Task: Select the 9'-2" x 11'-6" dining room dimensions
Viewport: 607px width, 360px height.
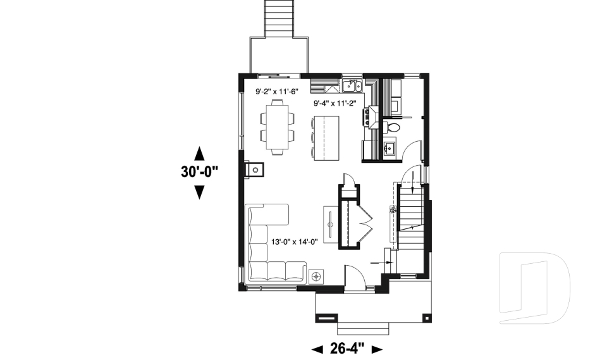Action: coord(276,92)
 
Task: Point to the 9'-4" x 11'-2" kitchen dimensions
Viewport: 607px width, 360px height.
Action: coord(336,103)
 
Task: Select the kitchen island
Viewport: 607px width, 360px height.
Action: coord(328,137)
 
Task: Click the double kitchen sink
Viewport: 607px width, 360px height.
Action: coord(352,85)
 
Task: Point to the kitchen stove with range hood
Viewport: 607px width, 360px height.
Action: coord(368,116)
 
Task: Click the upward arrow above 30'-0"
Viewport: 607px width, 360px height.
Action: coord(199,152)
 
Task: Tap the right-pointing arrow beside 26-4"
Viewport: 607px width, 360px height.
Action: coord(377,349)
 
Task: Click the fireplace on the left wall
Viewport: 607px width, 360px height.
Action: coord(254,169)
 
